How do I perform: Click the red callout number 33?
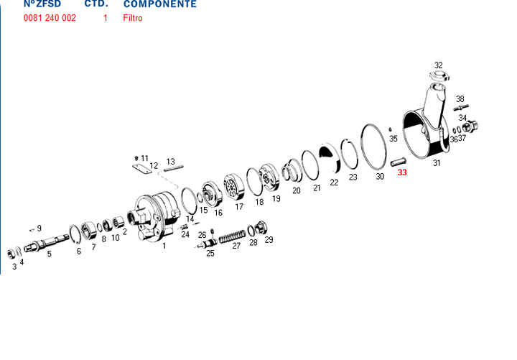(x=402, y=172)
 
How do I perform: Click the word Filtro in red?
(x=133, y=18)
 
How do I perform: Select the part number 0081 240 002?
(x=50, y=18)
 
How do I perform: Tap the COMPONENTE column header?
(x=160, y=4)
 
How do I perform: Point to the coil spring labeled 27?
(x=232, y=236)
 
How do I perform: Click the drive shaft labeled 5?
(x=47, y=243)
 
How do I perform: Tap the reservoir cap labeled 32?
(x=439, y=76)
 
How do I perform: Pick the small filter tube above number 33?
(x=399, y=162)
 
